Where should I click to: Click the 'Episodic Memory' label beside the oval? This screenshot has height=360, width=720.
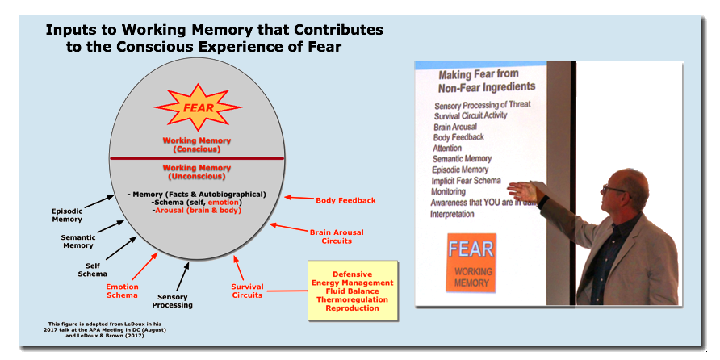tap(67, 215)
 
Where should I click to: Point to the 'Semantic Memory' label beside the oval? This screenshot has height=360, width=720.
tap(77, 241)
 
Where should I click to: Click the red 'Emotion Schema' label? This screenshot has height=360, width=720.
tap(123, 291)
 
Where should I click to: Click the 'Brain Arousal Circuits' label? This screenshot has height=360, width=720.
tap(331, 236)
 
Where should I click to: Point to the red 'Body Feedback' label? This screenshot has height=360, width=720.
tap(345, 200)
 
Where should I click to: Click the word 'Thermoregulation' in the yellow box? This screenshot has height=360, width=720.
tap(353, 299)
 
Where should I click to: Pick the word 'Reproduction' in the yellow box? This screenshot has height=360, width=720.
tap(353, 308)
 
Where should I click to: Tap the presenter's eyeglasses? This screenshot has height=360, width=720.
tap(613, 190)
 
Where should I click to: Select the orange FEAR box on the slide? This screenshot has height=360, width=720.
tap(471, 262)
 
